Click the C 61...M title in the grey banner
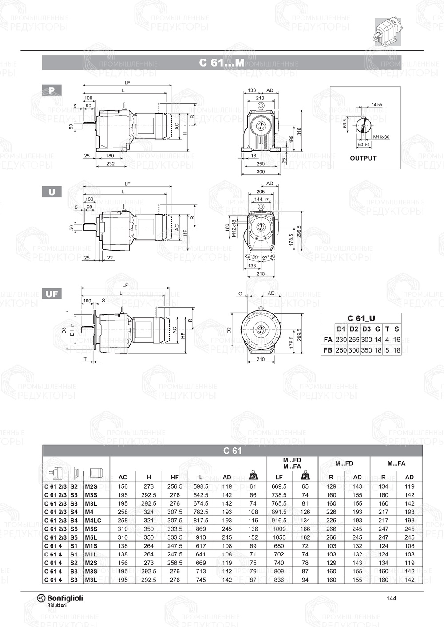click(x=221, y=63)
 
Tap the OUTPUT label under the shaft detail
click(x=363, y=158)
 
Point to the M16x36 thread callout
click(x=381, y=137)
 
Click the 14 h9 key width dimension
click(x=377, y=105)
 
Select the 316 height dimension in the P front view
click(x=299, y=131)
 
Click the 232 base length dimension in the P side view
click(x=110, y=164)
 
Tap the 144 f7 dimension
click(x=261, y=199)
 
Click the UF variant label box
click(x=52, y=294)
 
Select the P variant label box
click(x=52, y=90)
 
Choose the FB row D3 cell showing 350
click(x=366, y=350)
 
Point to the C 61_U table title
click(x=361, y=318)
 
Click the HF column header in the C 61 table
click(x=174, y=477)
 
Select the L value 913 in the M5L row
click(x=201, y=537)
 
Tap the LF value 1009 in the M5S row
click(x=279, y=529)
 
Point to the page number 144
click(x=391, y=598)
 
